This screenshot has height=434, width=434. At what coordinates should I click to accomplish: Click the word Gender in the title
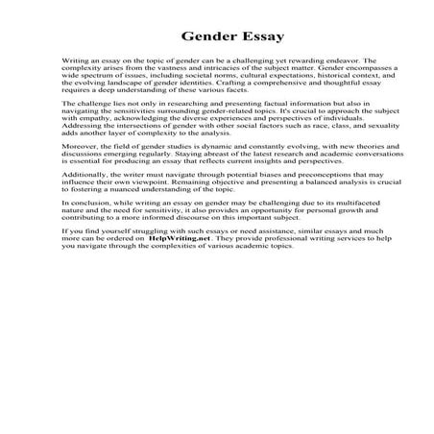tap(191, 38)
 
